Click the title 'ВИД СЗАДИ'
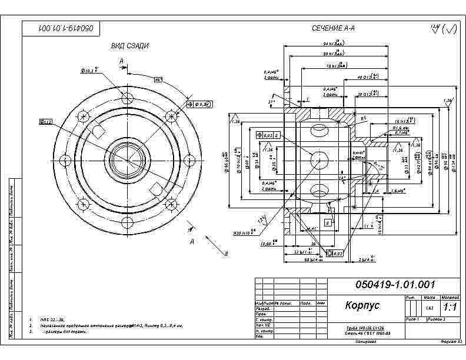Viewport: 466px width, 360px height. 129,46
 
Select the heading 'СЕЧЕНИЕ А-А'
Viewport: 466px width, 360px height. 333,28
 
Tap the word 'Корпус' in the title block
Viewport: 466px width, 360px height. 362,305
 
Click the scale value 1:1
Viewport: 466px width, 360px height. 450,307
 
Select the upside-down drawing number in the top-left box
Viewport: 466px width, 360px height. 62,28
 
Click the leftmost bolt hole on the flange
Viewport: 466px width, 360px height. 65,159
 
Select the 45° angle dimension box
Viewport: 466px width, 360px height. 158,80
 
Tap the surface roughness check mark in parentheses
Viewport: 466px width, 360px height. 449,29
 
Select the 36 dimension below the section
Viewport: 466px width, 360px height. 314,242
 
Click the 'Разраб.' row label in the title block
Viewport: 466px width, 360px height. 262,308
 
